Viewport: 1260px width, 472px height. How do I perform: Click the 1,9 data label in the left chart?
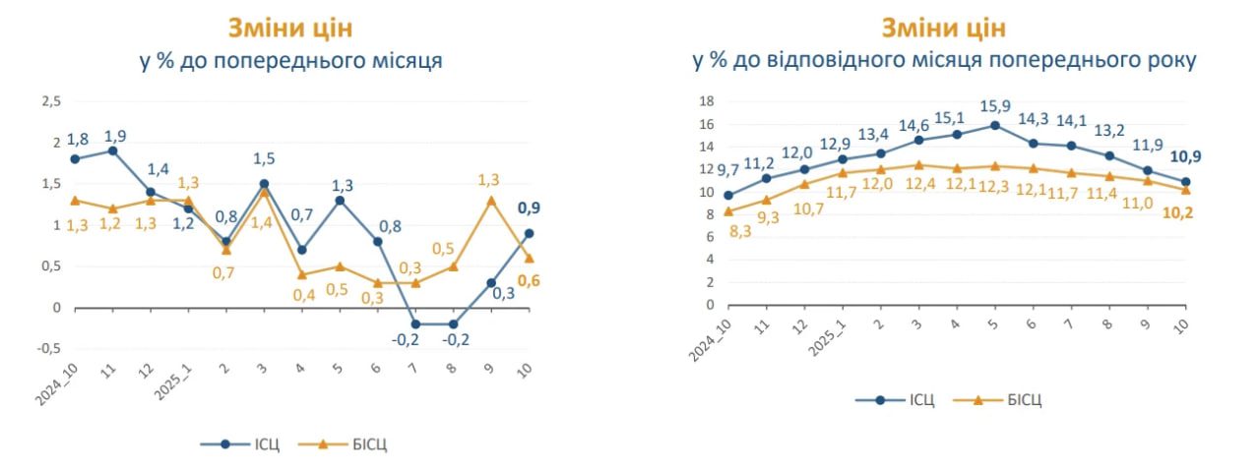114,136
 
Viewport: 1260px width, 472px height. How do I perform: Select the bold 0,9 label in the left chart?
529,208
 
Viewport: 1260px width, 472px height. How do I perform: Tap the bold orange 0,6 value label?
529,282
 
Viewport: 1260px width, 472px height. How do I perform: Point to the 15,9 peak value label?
995,105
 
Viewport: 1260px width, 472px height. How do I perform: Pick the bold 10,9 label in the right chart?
1185,156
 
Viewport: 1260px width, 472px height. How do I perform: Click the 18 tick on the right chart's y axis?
705,101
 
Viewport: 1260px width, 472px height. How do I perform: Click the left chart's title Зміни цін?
290,27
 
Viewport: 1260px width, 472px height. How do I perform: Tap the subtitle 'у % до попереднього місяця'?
290,61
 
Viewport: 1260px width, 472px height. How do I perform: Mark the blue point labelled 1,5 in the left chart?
264,184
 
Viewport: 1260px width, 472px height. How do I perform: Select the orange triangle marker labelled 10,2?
1185,190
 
